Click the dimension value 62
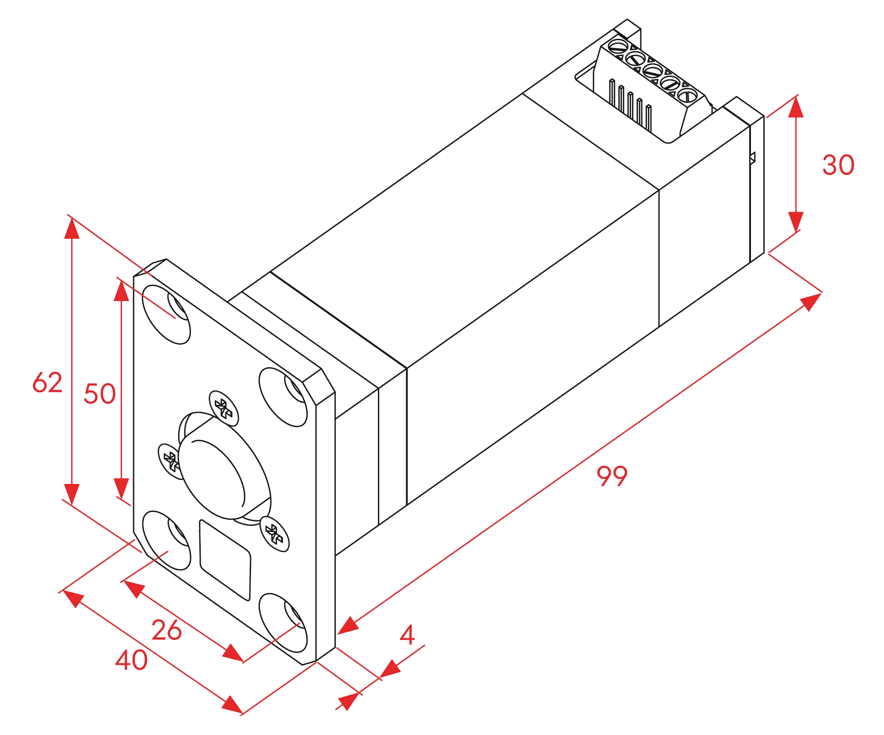(x=48, y=382)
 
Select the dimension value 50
(x=100, y=393)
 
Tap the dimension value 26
(x=166, y=630)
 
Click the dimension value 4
(x=408, y=635)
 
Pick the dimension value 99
(x=612, y=476)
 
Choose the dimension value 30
(x=838, y=165)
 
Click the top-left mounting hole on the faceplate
(x=166, y=315)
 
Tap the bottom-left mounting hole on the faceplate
(x=165, y=540)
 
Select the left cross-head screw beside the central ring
(x=169, y=461)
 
